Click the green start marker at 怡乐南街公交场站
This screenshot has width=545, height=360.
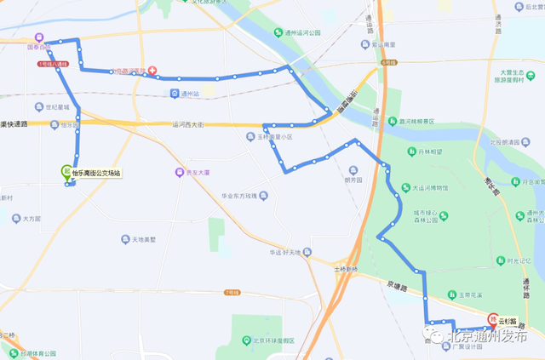point(66,170)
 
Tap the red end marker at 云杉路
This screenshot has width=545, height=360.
point(491,322)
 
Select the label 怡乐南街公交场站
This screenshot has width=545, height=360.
point(96,173)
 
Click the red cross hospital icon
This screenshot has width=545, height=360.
point(152,71)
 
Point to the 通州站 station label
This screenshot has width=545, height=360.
point(189,94)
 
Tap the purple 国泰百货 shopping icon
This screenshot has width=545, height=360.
point(39,37)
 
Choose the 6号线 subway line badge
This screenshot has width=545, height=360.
point(389,61)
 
